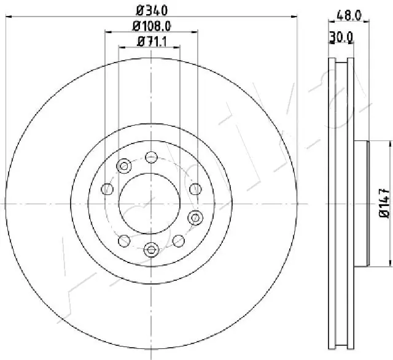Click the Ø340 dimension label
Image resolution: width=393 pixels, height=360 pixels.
151,10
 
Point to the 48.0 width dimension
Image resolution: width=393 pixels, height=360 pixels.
348,17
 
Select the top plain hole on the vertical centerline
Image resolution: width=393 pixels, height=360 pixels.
151,157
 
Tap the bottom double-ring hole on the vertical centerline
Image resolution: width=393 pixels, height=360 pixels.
151,248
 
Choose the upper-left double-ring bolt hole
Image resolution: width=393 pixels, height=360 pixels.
123,166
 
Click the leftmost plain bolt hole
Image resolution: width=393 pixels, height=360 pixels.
106,189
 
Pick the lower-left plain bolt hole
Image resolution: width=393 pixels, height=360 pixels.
123,240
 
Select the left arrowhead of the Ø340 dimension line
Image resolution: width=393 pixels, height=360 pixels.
7,17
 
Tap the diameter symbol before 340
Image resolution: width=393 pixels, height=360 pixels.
139,10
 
